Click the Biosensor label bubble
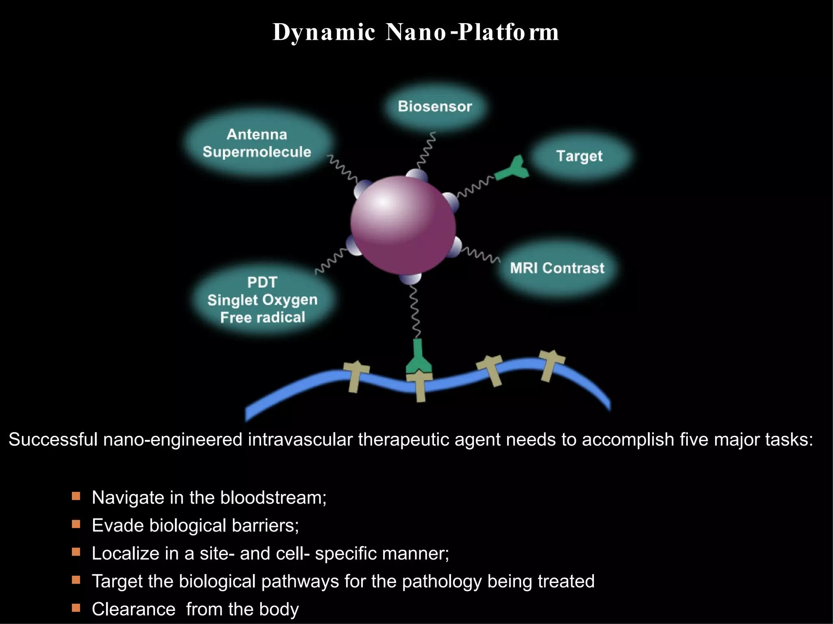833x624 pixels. (x=435, y=106)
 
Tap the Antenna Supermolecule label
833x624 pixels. (x=257, y=143)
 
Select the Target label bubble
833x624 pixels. (x=579, y=156)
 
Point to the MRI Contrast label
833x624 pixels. (x=557, y=268)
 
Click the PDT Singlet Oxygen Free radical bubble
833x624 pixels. (x=262, y=300)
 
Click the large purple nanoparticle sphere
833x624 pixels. (x=403, y=225)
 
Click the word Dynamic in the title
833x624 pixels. (x=323, y=32)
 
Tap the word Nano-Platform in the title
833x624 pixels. (x=472, y=32)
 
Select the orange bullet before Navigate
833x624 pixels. (x=76, y=496)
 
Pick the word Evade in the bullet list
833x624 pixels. (x=118, y=525)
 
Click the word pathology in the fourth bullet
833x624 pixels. (x=442, y=581)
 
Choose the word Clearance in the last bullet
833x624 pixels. (x=133, y=609)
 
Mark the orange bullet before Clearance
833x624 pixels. (x=76, y=608)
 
